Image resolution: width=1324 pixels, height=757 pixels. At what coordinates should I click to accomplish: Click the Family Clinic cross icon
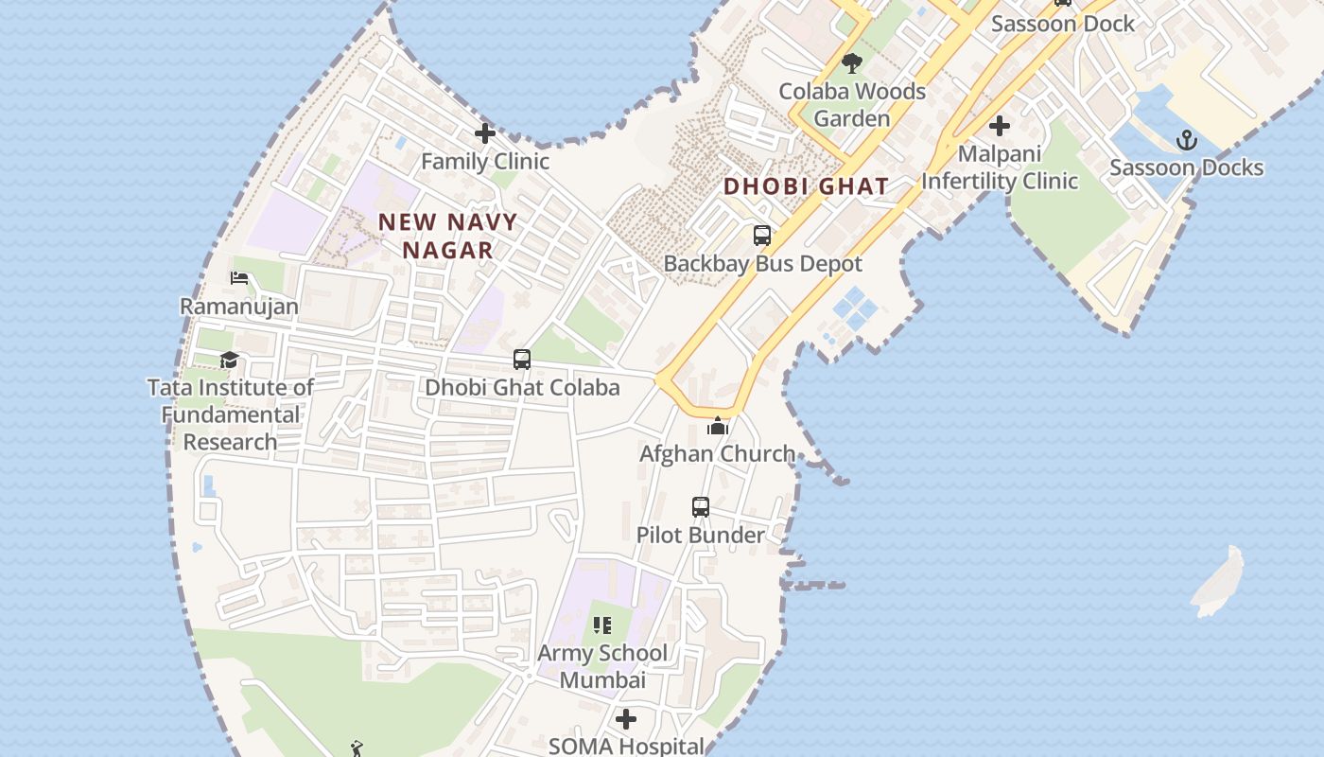pyautogui.click(x=485, y=133)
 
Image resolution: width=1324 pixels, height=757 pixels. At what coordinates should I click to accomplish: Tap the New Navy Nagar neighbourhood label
pyautogui.click(x=448, y=236)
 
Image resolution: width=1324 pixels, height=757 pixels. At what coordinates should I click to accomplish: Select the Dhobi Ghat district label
pyautogui.click(x=807, y=186)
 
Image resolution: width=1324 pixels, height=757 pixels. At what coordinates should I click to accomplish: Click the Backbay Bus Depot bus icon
pyautogui.click(x=762, y=236)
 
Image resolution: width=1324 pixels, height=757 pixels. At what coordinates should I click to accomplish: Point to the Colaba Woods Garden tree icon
pyautogui.click(x=852, y=63)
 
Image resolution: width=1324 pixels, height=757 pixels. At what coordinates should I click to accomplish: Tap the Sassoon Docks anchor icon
pyautogui.click(x=1186, y=141)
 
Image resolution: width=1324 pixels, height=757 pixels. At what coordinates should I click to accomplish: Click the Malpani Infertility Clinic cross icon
pyautogui.click(x=1000, y=126)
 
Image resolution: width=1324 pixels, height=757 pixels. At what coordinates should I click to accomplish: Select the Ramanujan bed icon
pyautogui.click(x=239, y=279)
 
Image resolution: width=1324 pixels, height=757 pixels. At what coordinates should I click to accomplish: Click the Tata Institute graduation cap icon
pyautogui.click(x=230, y=361)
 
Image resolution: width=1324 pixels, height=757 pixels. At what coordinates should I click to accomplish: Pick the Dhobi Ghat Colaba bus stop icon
pyautogui.click(x=522, y=360)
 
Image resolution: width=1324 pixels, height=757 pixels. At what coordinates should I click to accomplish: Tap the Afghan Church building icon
pyautogui.click(x=718, y=427)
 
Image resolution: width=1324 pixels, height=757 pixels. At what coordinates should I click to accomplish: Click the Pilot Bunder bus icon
pyautogui.click(x=700, y=507)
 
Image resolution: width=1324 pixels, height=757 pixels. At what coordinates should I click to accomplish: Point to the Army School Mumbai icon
pyautogui.click(x=602, y=625)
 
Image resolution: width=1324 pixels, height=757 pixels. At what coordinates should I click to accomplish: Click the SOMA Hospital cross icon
pyautogui.click(x=626, y=720)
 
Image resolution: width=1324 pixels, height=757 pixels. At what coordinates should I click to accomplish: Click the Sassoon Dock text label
pyautogui.click(x=1062, y=25)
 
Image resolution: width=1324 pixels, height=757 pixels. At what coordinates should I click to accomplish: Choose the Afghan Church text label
pyautogui.click(x=717, y=454)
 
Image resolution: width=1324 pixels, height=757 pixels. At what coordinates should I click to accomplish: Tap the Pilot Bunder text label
pyautogui.click(x=700, y=536)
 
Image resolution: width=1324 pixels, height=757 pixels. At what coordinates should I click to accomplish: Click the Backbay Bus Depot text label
pyautogui.click(x=762, y=264)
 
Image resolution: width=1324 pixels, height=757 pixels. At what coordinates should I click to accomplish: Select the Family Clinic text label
pyautogui.click(x=485, y=162)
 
